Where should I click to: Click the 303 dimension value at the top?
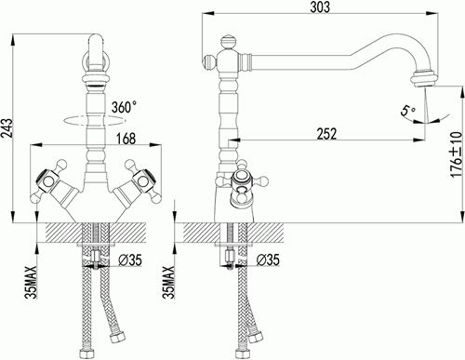[320, 7]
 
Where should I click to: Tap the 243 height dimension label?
[7, 128]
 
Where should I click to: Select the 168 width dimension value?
[126, 139]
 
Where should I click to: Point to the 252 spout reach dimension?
[326, 134]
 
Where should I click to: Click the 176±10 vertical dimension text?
[457, 154]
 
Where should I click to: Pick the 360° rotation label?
[124, 107]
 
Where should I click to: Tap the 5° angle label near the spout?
[408, 111]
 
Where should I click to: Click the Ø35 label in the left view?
[130, 260]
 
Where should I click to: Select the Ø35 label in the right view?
[268, 260]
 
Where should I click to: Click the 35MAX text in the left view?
[31, 282]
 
